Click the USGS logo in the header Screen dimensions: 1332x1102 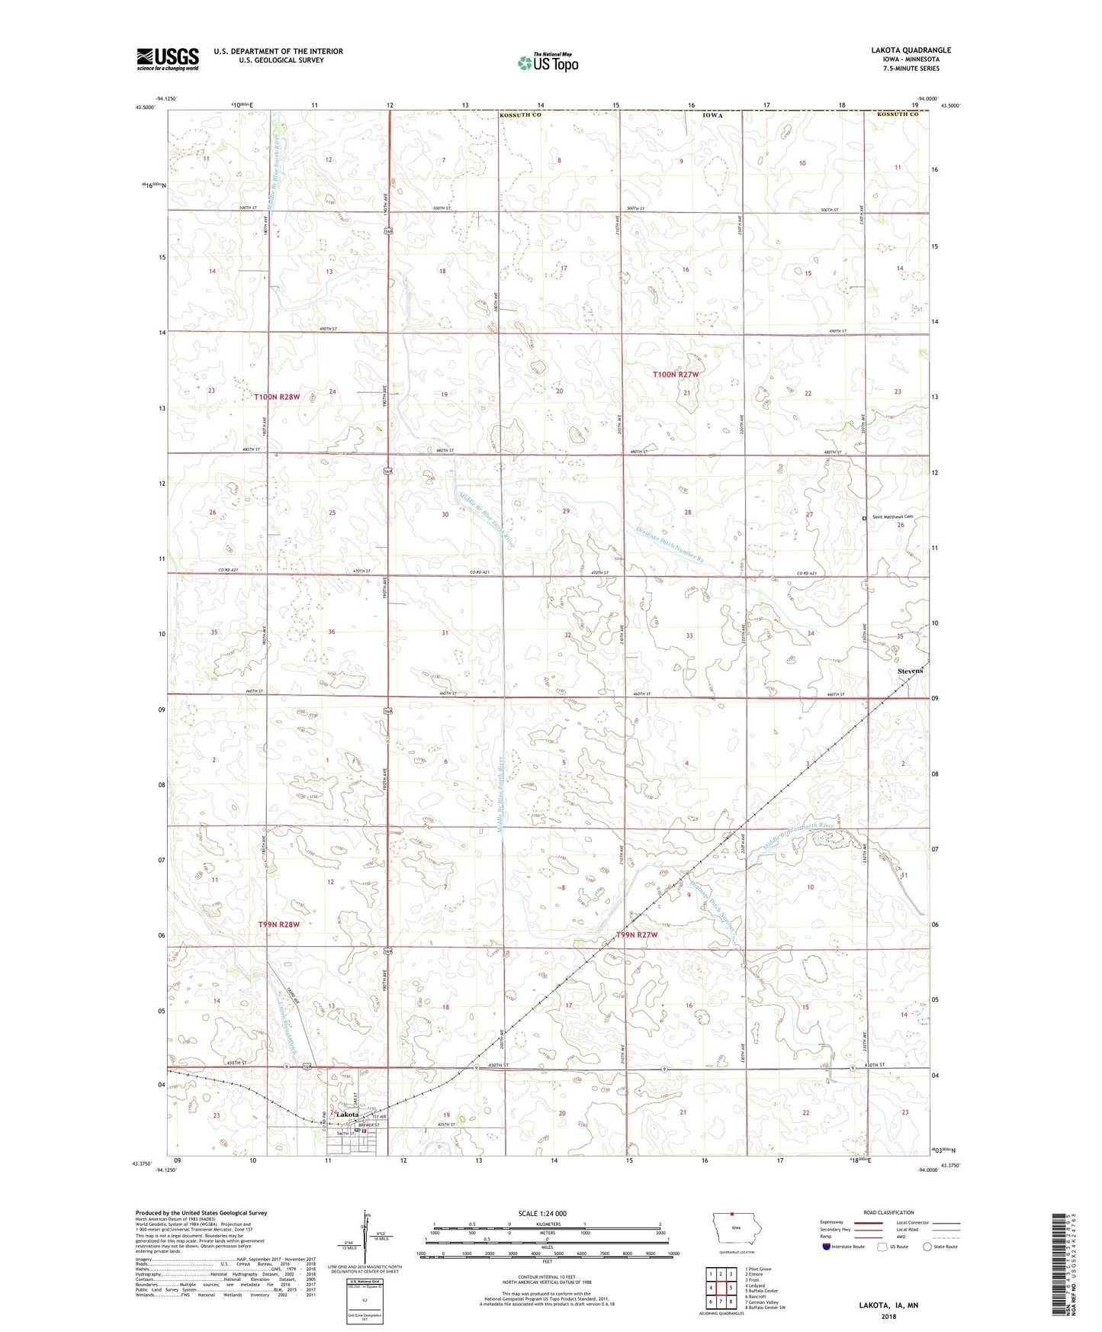click(x=168, y=58)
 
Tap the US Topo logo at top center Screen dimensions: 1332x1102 click(x=547, y=63)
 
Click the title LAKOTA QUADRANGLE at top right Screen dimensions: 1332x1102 click(x=911, y=50)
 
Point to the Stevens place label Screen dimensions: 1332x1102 click(x=910, y=671)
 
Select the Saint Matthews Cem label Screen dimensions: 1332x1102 click(x=893, y=517)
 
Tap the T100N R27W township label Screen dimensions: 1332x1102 click(x=676, y=375)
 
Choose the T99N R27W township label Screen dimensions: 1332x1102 click(x=636, y=935)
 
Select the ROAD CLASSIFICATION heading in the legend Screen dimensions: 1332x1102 click(x=888, y=1212)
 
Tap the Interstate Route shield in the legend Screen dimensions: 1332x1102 click(x=827, y=1247)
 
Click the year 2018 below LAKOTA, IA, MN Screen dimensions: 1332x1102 click(x=888, y=1316)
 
